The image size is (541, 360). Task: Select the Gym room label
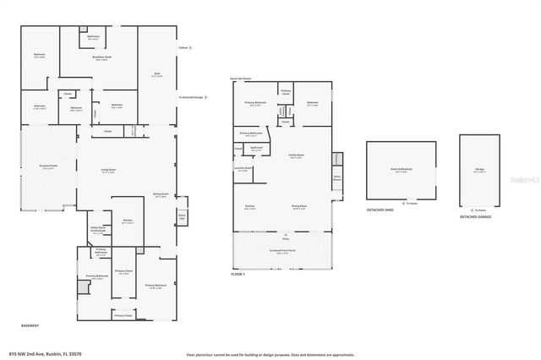point(156,75)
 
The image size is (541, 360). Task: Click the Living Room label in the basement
point(108,170)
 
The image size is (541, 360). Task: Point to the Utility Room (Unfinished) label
point(97,229)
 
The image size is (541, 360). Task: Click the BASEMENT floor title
point(30,325)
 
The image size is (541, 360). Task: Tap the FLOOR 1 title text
point(238,275)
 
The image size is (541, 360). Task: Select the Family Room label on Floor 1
point(296,156)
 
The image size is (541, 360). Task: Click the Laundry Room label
point(243,168)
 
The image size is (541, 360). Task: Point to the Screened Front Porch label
point(282,251)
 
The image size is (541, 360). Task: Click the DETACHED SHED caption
point(380,210)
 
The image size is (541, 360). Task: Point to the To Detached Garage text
point(192,97)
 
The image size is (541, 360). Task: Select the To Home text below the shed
point(412,203)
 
